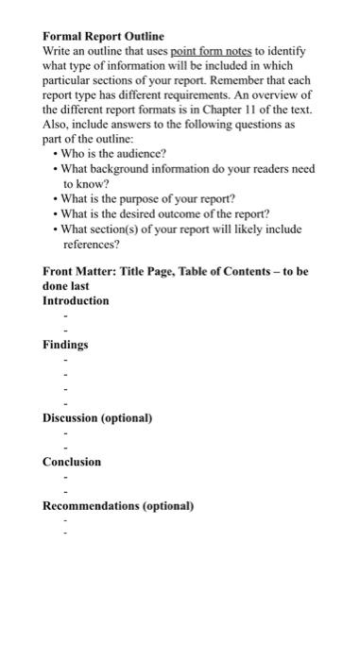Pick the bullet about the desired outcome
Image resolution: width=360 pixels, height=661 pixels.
point(165,213)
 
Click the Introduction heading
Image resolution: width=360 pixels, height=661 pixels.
point(76,301)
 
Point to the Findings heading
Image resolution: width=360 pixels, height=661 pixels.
point(65,346)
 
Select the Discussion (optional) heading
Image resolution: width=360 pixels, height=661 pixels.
point(97,417)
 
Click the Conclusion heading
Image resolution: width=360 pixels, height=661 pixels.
point(72,462)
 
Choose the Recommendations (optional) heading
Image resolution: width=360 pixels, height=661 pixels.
point(118,506)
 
